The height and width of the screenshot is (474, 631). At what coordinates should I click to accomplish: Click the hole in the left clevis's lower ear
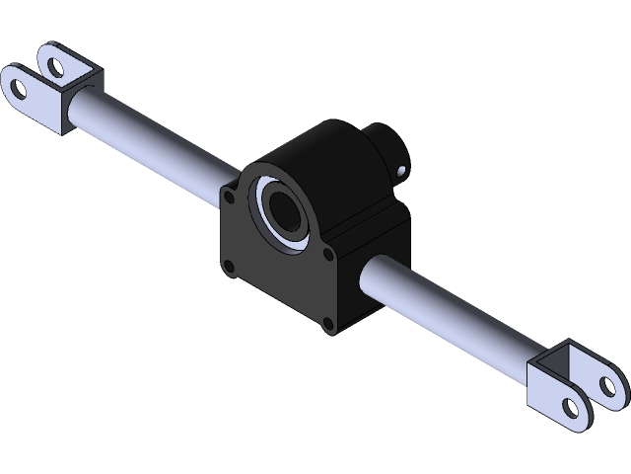19,86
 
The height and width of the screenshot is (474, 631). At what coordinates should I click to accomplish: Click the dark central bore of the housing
285,211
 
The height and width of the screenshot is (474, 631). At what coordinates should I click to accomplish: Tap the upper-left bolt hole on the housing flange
229,197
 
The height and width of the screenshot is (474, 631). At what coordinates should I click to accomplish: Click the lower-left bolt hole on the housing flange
229,265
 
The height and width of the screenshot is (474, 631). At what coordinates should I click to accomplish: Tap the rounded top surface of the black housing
315,148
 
